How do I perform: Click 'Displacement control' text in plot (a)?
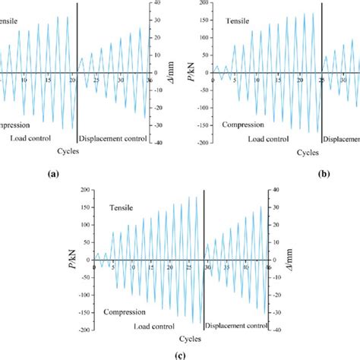point(109,140)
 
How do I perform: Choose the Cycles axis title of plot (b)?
point(286,152)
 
